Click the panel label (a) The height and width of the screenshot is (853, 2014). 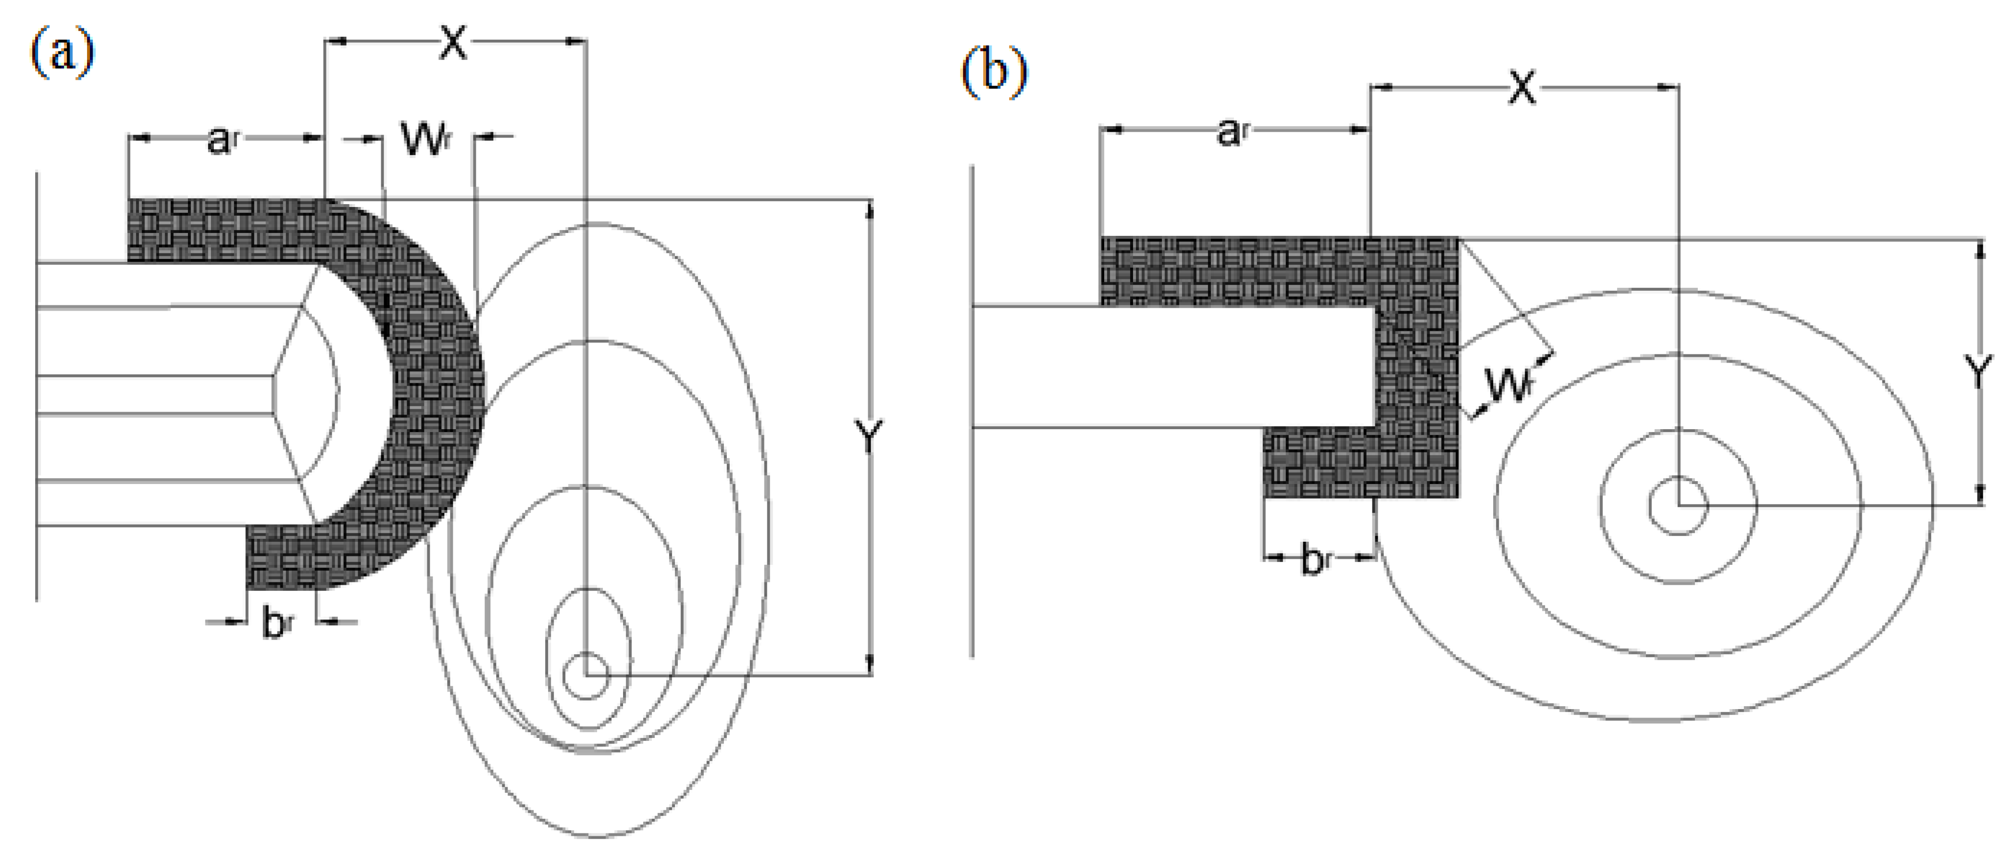pos(63,53)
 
